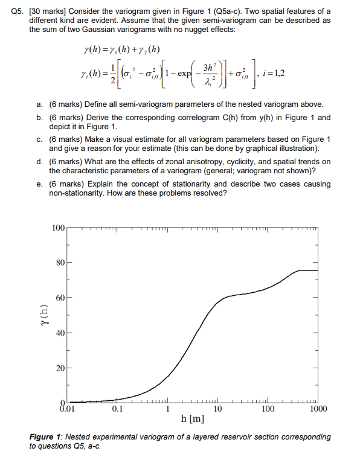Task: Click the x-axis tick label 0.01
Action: pyautogui.click(x=63, y=409)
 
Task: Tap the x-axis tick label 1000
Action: pyautogui.click(x=318, y=409)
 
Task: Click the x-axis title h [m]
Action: pyautogui.click(x=193, y=418)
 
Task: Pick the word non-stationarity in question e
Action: pyautogui.click(x=79, y=193)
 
